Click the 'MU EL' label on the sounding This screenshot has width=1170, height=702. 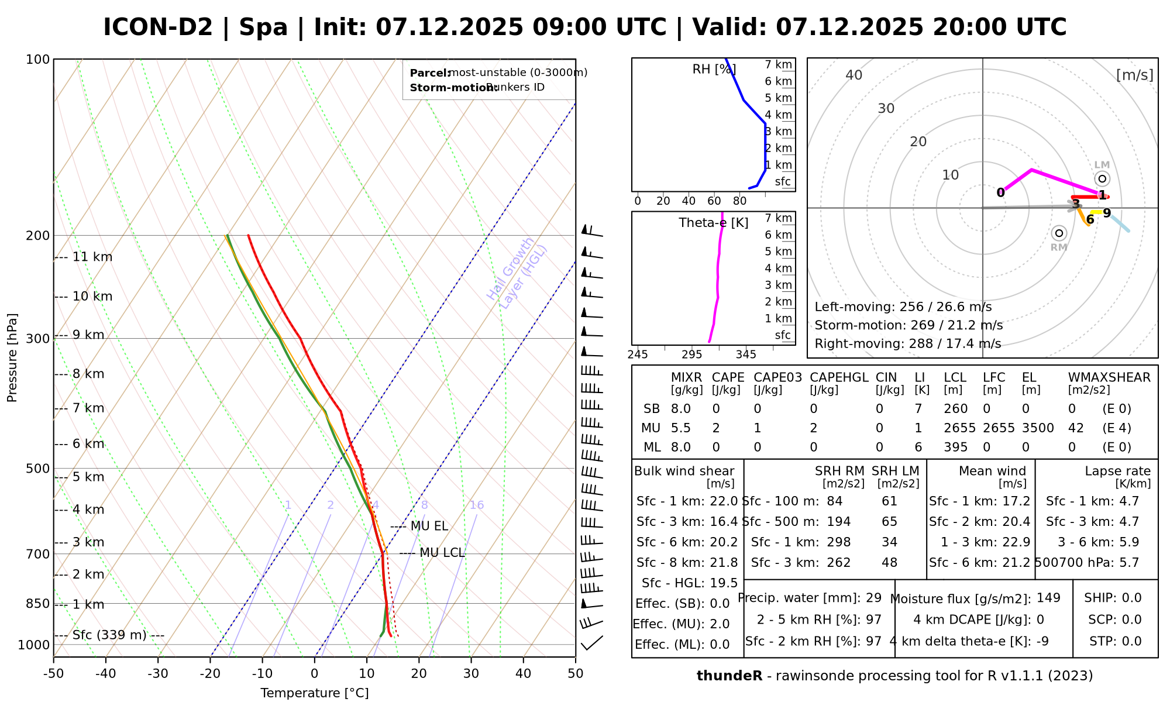pyautogui.click(x=429, y=526)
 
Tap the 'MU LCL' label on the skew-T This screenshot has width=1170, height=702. pyautogui.click(x=442, y=553)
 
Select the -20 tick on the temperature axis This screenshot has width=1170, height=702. pyautogui.click(x=210, y=674)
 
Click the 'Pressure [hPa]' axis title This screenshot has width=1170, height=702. pyautogui.click(x=12, y=357)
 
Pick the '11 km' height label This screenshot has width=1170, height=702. pyautogui.click(x=92, y=257)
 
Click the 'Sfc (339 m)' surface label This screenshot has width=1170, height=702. pyautogui.click(x=109, y=635)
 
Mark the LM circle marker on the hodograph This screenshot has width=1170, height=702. pyautogui.click(x=1102, y=178)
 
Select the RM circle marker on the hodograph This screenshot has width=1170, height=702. pyautogui.click(x=1059, y=233)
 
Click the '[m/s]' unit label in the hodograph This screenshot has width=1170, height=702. pyautogui.click(x=1134, y=75)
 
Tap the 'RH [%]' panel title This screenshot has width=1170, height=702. pyautogui.click(x=714, y=69)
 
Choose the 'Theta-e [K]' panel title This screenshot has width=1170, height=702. pyautogui.click(x=714, y=223)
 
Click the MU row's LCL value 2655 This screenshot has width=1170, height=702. pyautogui.click(x=959, y=428)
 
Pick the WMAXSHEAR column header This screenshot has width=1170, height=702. pyautogui.click(x=1109, y=377)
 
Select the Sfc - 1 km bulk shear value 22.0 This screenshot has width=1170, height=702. pyautogui.click(x=724, y=501)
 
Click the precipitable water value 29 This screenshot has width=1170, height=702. pyautogui.click(x=873, y=598)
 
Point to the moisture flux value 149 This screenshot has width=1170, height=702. pyautogui.click(x=1048, y=598)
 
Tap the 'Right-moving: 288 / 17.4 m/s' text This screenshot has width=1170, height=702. pyautogui.click(x=907, y=343)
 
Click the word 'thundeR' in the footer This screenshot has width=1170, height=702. pyautogui.click(x=729, y=676)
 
